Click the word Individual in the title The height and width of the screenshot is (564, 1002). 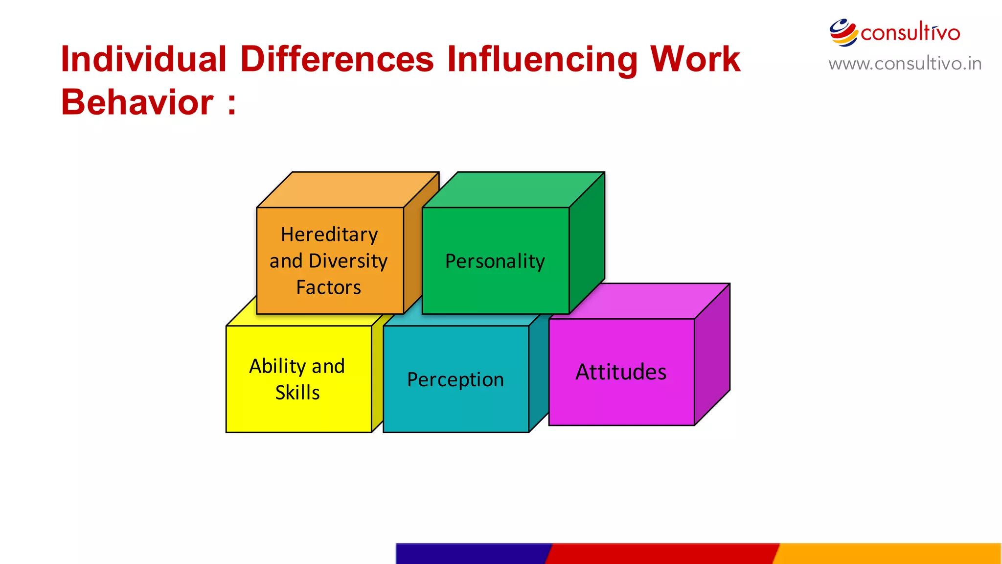click(143, 59)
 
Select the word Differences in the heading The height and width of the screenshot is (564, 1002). click(337, 59)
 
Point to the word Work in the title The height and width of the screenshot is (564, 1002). click(695, 59)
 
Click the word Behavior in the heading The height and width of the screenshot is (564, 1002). click(137, 102)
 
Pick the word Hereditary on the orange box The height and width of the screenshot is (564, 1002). click(329, 235)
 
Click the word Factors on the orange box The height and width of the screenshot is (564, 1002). click(329, 287)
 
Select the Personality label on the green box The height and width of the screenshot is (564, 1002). click(495, 261)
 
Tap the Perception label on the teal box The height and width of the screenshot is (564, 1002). click(455, 380)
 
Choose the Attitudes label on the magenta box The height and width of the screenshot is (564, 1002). click(621, 372)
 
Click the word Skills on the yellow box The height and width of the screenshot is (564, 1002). click(297, 393)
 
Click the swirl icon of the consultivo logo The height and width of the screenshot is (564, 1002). click(843, 32)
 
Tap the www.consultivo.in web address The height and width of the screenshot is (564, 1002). click(905, 64)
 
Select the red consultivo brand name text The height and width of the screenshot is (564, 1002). click(910, 33)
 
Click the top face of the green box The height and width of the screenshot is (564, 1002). click(514, 190)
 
